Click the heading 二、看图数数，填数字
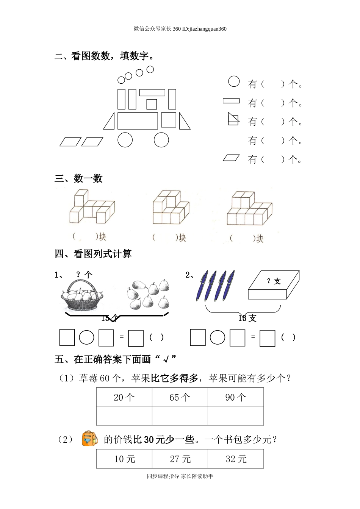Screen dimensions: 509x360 pos(105,56)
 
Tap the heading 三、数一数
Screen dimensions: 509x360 pos(79,179)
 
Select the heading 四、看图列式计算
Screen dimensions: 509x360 pos(93,254)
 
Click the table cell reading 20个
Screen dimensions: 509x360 pos(124,397)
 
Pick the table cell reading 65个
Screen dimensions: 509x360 pos(180,397)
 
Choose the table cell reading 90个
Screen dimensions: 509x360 pos(236,397)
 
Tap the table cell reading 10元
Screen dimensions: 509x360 pos(124,459)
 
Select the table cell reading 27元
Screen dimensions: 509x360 pos(180,459)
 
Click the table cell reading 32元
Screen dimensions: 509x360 pos(236,459)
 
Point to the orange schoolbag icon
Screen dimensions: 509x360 pos(89,439)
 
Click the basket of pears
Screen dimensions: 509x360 pos(82,296)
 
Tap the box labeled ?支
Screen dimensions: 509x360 pos(273,285)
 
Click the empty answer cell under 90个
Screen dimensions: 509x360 pos(236,416)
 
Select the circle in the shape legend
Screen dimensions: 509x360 pos(234,81)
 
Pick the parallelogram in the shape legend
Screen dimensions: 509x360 pos(231,158)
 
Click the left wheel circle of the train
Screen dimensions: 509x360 pos(125,140)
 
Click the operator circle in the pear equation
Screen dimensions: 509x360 pos(86,337)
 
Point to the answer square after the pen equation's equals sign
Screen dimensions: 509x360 pos(268,338)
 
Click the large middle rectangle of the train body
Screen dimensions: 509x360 pos(138,121)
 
